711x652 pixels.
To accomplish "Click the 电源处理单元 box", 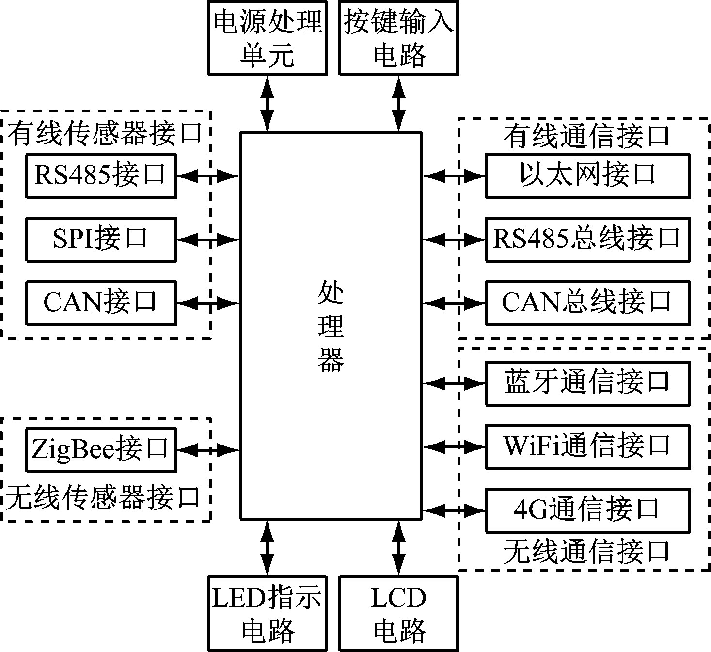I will click(267, 38).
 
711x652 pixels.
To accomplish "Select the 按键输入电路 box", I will click(398, 38).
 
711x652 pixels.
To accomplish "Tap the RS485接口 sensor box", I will click(101, 176).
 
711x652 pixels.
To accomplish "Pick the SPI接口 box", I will click(101, 239).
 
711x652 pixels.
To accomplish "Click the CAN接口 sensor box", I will click(101, 302).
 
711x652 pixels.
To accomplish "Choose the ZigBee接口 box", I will click(101, 449).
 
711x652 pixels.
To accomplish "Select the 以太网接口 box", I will click(587, 176).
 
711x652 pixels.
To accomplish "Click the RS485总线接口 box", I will click(587, 239).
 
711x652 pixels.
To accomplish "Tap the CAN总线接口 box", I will click(587, 302).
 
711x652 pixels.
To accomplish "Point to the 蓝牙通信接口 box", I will click(587, 383).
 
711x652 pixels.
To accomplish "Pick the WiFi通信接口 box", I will click(587, 446).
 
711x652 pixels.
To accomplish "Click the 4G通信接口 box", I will click(587, 510).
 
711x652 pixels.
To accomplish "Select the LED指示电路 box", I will click(267, 613).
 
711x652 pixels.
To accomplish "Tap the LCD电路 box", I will click(398, 613).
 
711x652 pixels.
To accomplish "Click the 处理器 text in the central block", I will click(331, 326).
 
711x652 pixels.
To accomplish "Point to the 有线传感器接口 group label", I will click(105, 133).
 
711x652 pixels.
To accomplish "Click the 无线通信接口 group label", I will click(586, 552).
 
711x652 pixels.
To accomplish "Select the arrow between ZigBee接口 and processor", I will click(208, 450).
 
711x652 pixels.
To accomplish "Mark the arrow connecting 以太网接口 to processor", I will click(454, 176).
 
